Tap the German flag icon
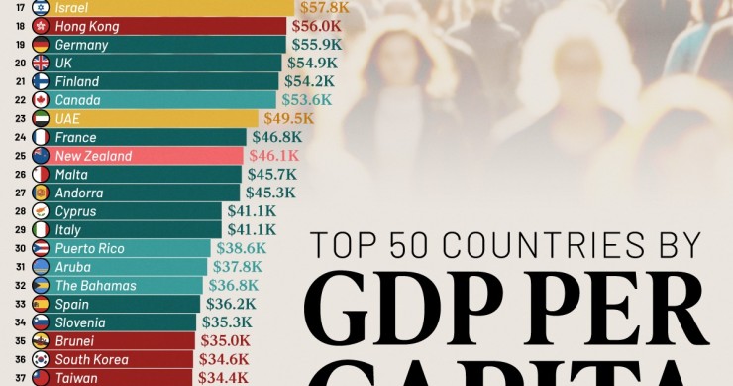pyautogui.click(x=41, y=45)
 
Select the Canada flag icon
pyautogui.click(x=41, y=99)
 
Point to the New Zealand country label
pyautogui.click(x=93, y=156)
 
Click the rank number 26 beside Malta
pyautogui.click(x=21, y=175)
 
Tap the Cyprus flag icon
pyautogui.click(x=41, y=211)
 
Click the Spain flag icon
pyautogui.click(x=41, y=304)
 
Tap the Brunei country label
pyautogui.click(x=74, y=340)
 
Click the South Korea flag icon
pyautogui.click(x=41, y=359)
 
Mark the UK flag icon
pyautogui.click(x=41, y=63)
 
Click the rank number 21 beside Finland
pyautogui.click(x=21, y=81)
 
